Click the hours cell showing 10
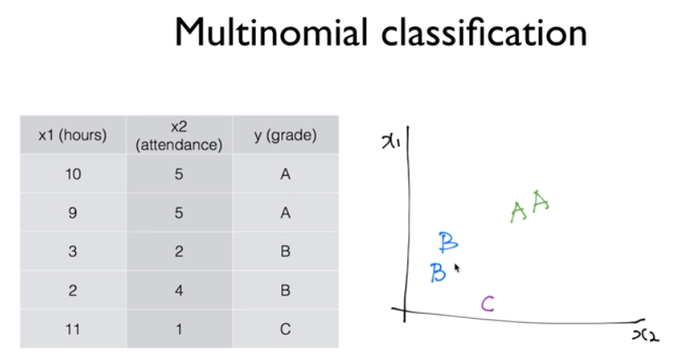(x=73, y=174)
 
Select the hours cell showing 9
(x=73, y=213)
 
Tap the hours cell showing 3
(x=73, y=251)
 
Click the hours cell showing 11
(x=73, y=328)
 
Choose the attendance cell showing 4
(x=178, y=290)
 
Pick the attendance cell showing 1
(x=178, y=328)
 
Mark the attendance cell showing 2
(x=178, y=251)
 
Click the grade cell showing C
(x=285, y=328)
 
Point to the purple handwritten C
(x=488, y=303)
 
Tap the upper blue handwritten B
(x=448, y=243)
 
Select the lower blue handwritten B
(x=438, y=273)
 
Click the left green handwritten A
(x=518, y=213)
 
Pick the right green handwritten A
(x=540, y=203)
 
